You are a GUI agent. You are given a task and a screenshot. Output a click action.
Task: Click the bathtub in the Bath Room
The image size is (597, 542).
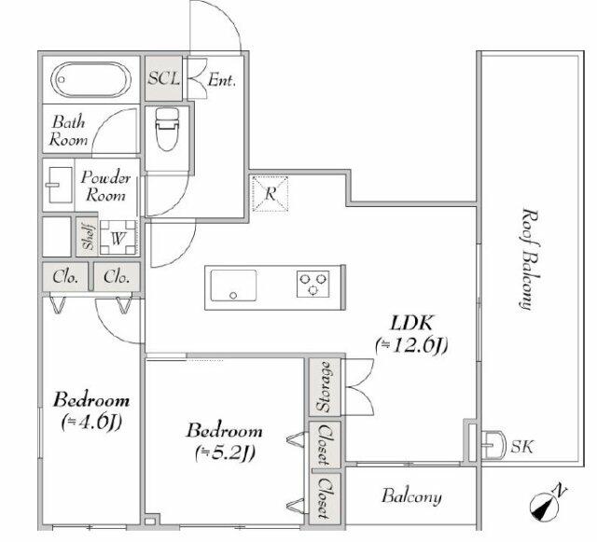pyautogui.click(x=91, y=79)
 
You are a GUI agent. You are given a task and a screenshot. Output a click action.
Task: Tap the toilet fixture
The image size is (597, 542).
pyautogui.click(x=167, y=129)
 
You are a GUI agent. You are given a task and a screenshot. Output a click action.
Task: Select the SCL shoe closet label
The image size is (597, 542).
pyautogui.click(x=164, y=78)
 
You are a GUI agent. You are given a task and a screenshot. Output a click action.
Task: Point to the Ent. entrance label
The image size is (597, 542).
pyautogui.click(x=222, y=80)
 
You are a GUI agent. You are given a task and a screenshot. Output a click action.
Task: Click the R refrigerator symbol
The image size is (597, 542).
pyautogui.click(x=270, y=193)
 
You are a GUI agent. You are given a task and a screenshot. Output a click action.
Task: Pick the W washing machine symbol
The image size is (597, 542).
pyautogui.click(x=118, y=238)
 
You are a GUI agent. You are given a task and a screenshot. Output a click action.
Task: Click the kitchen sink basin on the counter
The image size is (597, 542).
pyautogui.click(x=233, y=285)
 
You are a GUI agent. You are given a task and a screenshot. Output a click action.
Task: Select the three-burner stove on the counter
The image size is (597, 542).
pyautogui.click(x=312, y=285)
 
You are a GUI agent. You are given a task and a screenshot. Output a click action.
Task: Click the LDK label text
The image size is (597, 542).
pyautogui.click(x=412, y=324)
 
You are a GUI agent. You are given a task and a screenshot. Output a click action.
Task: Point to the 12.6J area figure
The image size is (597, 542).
pyautogui.click(x=411, y=346)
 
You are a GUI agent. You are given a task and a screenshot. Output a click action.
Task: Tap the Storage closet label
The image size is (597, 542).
pyautogui.click(x=324, y=387)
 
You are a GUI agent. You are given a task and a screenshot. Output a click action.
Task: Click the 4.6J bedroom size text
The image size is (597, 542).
pyautogui.click(x=91, y=422)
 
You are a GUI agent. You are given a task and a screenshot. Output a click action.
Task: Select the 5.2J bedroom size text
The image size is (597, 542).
pyautogui.click(x=225, y=452)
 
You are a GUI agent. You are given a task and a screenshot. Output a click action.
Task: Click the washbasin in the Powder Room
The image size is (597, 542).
pyautogui.click(x=60, y=185)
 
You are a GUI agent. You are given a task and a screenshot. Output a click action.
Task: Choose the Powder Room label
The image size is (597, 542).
pyautogui.click(x=105, y=187)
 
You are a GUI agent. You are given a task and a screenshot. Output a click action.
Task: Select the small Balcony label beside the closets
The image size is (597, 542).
pyautogui.click(x=411, y=496)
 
